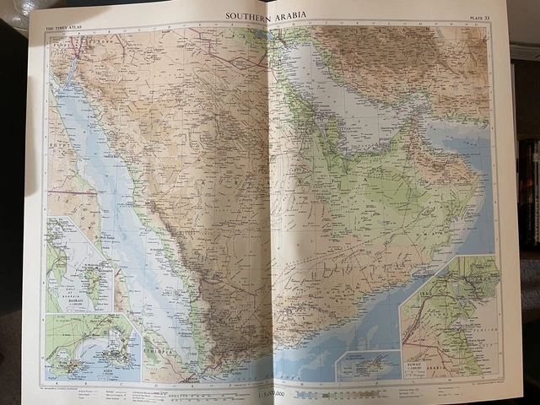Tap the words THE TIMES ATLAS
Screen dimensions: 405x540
pyautogui.click(x=62, y=28)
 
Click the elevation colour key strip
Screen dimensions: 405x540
pyautogui.click(x=337, y=394)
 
